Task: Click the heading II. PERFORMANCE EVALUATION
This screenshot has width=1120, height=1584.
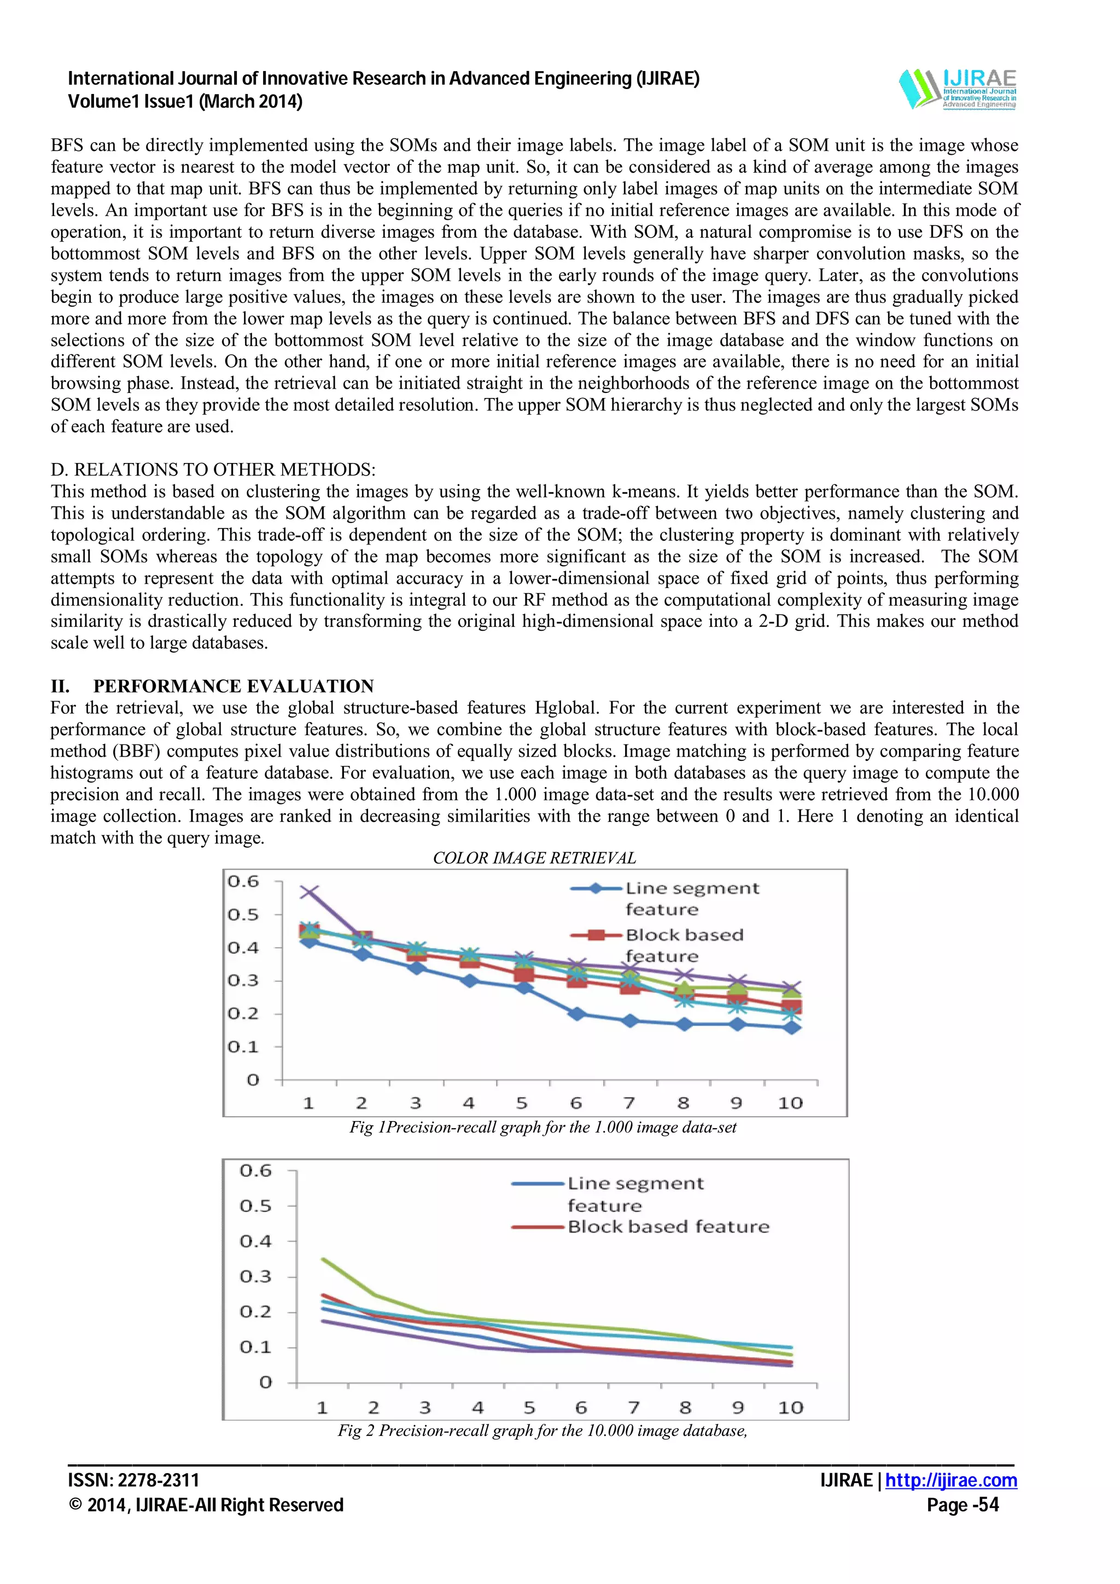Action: pos(213,686)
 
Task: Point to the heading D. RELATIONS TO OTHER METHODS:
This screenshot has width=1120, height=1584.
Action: pos(213,470)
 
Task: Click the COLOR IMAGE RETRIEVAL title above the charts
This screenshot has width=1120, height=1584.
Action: pos(534,858)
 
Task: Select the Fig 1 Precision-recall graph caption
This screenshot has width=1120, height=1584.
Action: pos(542,1127)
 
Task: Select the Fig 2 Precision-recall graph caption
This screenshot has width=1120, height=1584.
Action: pos(542,1430)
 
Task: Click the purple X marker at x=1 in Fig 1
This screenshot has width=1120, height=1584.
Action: pos(308,892)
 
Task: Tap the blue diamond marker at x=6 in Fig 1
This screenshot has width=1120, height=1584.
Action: pos(577,1014)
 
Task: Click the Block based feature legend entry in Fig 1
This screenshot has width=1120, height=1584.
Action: pos(683,936)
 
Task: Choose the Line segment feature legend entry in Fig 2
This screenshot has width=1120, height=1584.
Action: pos(635,1184)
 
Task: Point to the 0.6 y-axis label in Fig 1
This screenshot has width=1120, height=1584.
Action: pos(243,882)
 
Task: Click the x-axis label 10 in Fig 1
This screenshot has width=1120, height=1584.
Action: pos(791,1103)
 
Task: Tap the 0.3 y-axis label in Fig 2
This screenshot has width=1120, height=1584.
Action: pos(255,1276)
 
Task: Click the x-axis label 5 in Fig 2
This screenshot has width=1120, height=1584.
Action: pos(529,1407)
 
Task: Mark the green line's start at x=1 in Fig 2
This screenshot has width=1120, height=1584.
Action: pos(323,1259)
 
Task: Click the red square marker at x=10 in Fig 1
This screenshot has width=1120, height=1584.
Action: pos(793,1008)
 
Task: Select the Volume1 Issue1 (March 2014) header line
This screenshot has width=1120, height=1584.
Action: pos(185,102)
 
